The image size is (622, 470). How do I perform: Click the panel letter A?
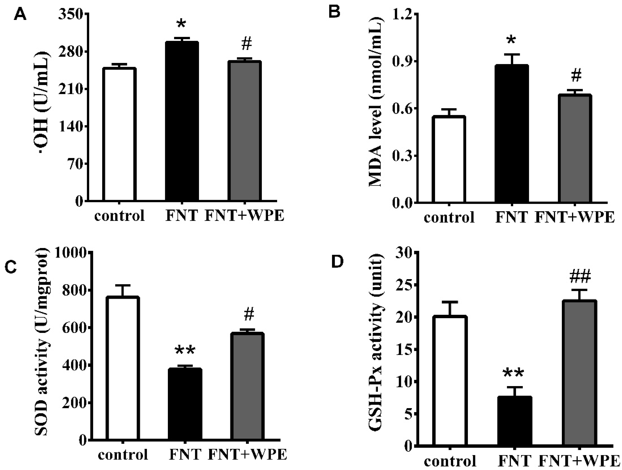coord(20,14)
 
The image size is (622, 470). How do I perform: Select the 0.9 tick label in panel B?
coord(400,61)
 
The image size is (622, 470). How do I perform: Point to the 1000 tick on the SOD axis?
coord(71,253)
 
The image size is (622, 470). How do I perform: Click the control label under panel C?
coord(123,455)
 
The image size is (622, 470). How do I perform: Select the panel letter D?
coord(338,262)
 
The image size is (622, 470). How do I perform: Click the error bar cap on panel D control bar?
coord(450,302)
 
